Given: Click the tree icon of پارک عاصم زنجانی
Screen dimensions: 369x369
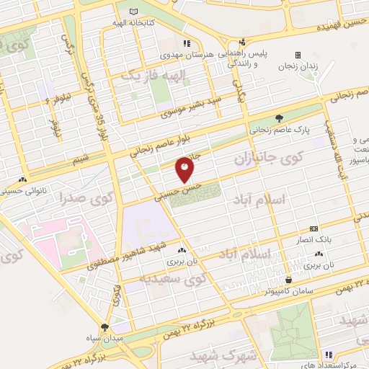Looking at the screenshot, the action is click(279, 119).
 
